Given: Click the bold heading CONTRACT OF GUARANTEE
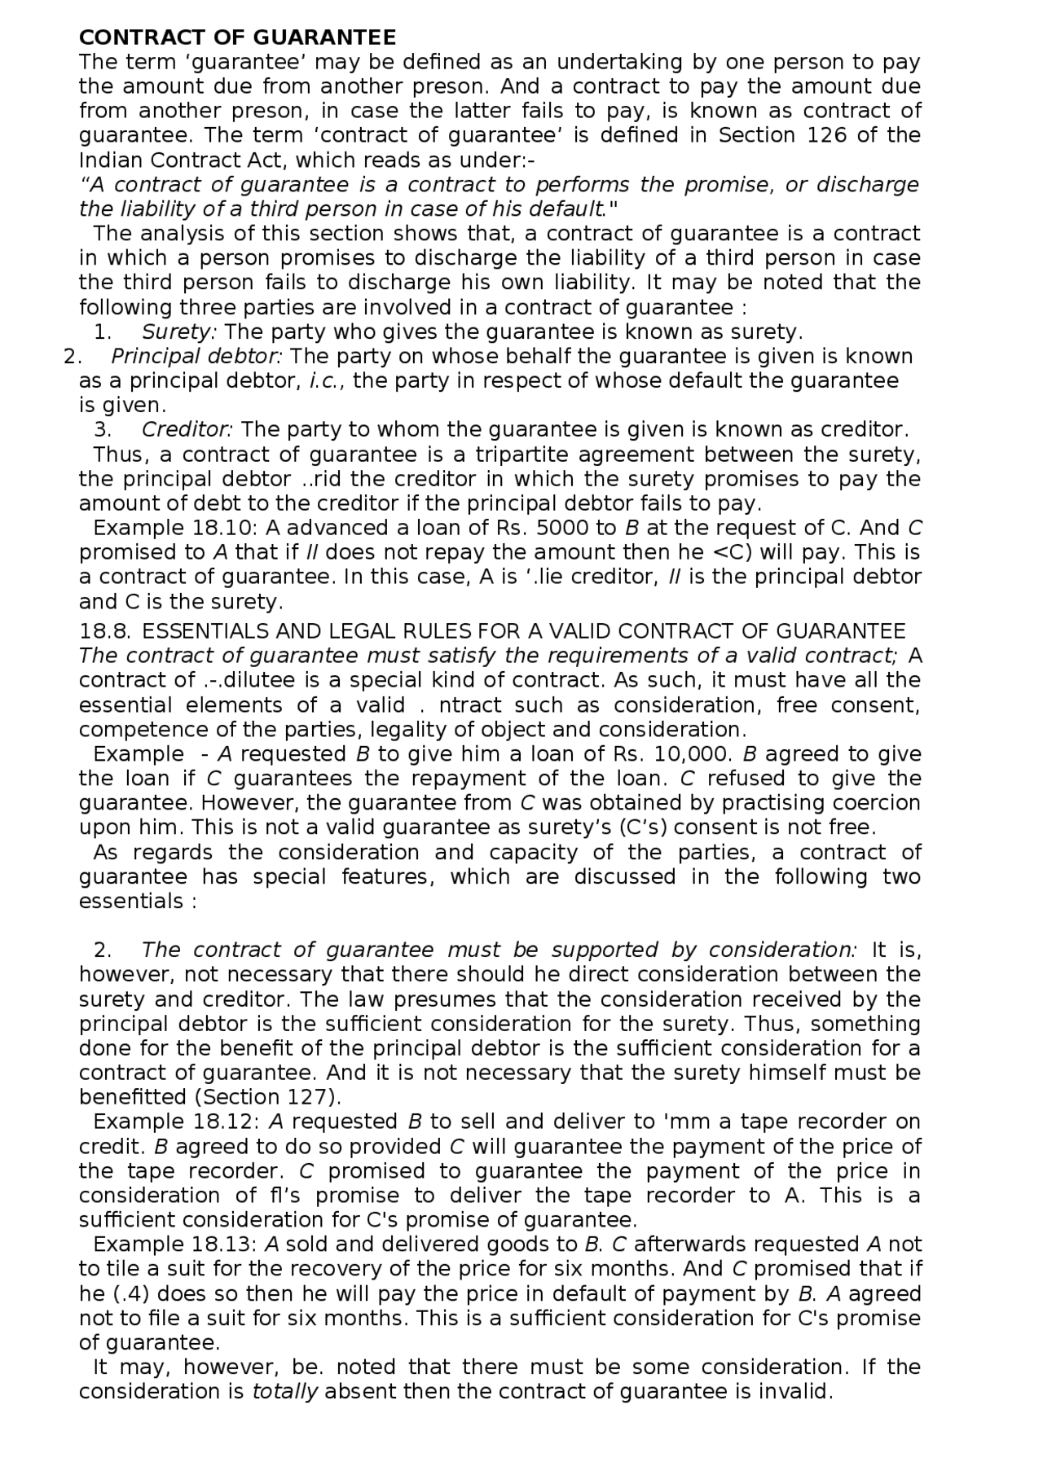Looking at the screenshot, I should (237, 37).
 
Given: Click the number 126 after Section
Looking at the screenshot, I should (826, 135).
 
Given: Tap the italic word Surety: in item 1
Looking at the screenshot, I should (179, 332).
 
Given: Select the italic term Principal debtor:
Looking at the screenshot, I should (196, 357).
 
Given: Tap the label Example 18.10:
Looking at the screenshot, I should (175, 528).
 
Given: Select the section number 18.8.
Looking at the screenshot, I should (107, 631).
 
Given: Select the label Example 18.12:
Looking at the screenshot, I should (175, 1122).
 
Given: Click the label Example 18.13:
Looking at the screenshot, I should (175, 1245).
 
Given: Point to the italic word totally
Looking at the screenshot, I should (284, 1391).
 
